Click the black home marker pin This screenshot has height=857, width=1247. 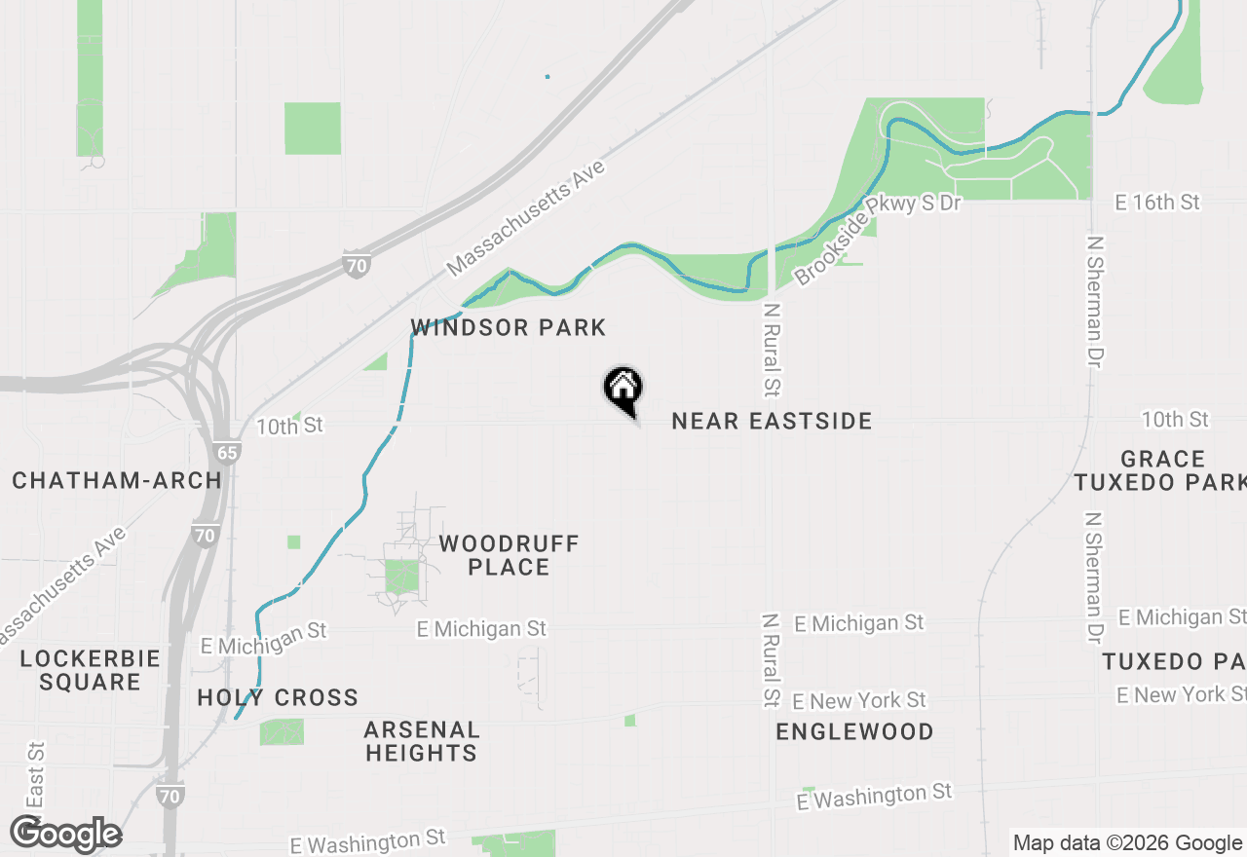pos(623,389)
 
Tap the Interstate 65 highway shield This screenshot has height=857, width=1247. pos(226,452)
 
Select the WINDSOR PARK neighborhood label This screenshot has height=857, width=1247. pos(509,327)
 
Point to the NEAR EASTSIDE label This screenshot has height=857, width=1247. pos(772,421)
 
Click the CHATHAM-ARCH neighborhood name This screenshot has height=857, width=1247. pos(117,480)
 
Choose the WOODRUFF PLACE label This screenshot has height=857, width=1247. pos(509,555)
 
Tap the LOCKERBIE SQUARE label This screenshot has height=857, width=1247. pos(90,670)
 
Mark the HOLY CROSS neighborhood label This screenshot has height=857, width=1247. pos(278,697)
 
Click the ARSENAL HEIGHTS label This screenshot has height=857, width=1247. pos(421,741)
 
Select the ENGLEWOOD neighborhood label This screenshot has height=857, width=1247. pos(854,731)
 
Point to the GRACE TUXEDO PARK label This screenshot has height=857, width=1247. pos(1162,470)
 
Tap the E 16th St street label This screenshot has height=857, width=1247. pos(1157,203)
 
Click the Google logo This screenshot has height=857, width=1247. pos(66,834)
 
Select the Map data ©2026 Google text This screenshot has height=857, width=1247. pos(1126,843)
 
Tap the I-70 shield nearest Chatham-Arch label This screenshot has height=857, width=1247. pos(205,535)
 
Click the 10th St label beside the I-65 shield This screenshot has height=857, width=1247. pos(289,427)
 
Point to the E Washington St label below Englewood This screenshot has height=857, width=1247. pos(873,796)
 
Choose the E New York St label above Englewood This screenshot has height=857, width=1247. pos(858,700)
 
